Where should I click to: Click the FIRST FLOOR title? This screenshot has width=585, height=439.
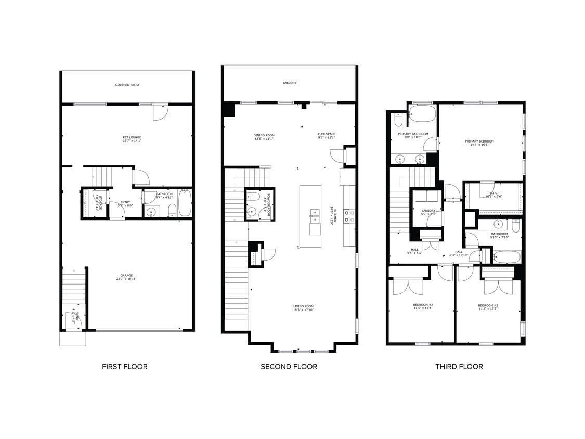[x=124, y=367]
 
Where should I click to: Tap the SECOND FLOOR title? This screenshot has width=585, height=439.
[x=289, y=367]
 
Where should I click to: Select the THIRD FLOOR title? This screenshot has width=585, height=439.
[x=459, y=367]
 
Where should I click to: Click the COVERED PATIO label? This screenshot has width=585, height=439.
[x=127, y=85]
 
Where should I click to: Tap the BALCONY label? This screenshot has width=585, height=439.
[x=290, y=83]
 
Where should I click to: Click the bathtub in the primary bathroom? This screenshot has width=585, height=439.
[x=422, y=113]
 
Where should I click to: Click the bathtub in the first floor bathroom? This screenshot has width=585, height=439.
[x=185, y=203]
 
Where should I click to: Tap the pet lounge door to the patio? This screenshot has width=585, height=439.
[x=160, y=112]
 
